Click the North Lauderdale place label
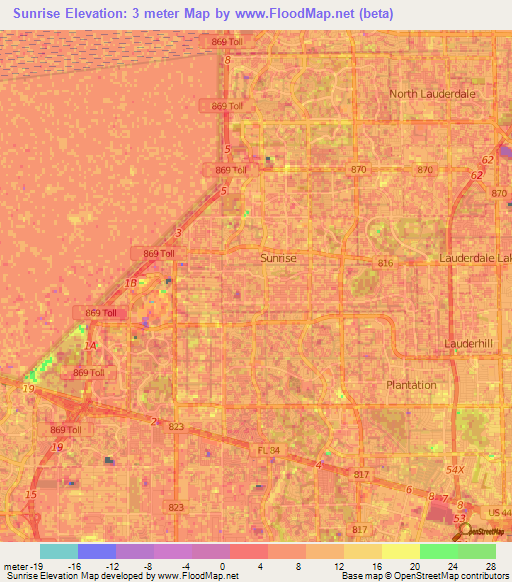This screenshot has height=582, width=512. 433,93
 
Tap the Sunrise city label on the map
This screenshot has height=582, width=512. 278,257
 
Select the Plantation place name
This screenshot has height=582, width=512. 411,385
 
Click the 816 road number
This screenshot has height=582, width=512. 385,263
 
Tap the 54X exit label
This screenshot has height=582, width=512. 455,469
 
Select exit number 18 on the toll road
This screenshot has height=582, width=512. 131,283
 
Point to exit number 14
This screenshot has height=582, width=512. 91,346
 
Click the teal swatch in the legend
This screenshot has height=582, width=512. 58,550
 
